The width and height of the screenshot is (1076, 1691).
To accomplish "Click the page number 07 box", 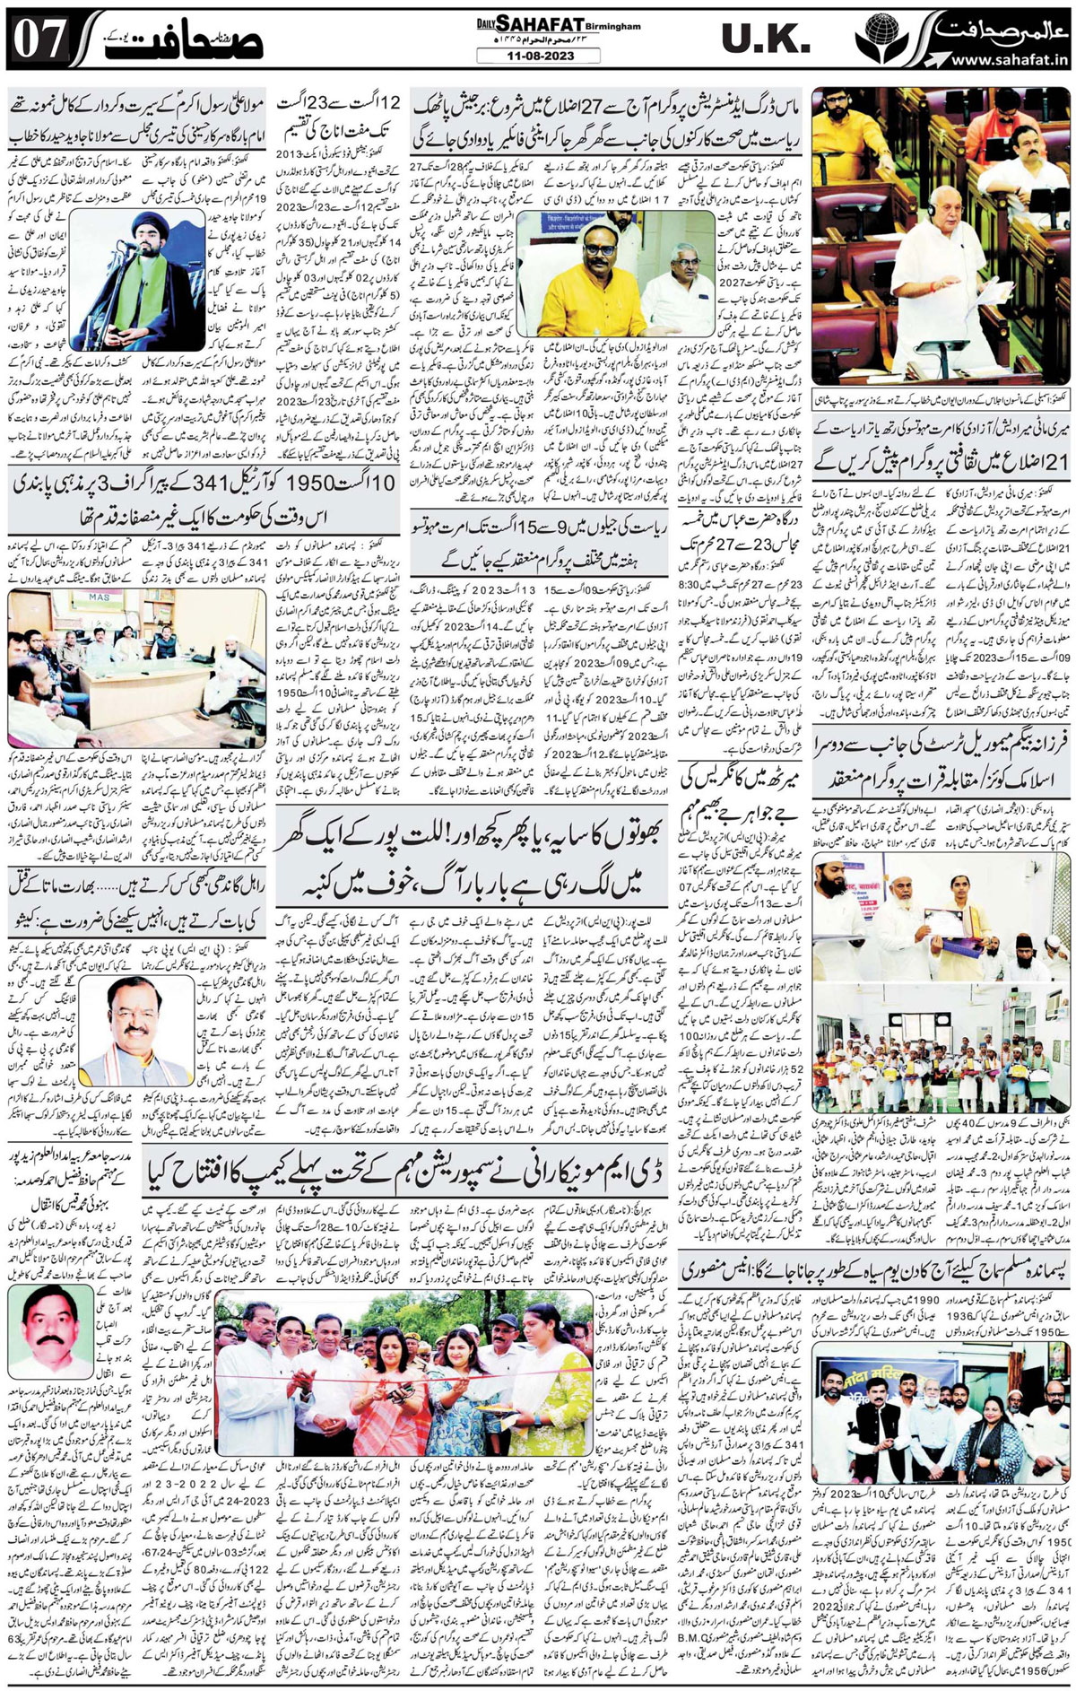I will [x=38, y=39].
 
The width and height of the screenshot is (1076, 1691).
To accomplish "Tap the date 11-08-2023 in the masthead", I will [x=525, y=56].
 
